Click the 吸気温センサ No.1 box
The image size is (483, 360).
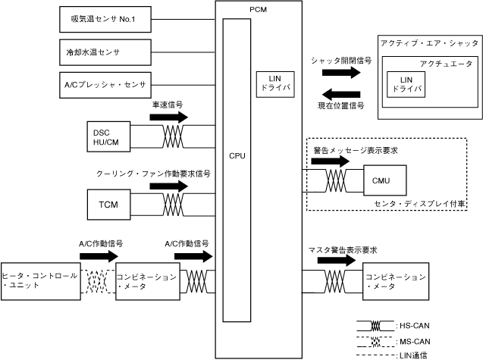[x=105, y=19]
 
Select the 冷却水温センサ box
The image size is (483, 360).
[x=105, y=52]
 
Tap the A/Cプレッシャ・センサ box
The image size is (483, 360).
[x=105, y=85]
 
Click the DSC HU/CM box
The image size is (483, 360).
[x=108, y=136]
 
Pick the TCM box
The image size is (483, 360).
[x=108, y=205]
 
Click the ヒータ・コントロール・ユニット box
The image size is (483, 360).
[x=41, y=281]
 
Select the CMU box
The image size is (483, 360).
[x=385, y=180]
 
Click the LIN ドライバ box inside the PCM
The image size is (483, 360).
[x=275, y=84]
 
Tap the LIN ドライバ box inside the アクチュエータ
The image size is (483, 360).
[x=406, y=84]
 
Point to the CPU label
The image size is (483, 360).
[x=237, y=156]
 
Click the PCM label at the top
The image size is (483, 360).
[x=258, y=10]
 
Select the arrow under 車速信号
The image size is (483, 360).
[x=169, y=117]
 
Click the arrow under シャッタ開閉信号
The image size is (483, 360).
[x=341, y=73]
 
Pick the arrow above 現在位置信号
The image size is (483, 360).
[x=341, y=94]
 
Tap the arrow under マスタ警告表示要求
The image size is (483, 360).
[x=337, y=260]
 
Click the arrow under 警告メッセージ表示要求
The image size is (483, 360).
[x=331, y=161]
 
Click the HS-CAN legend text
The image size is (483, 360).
[x=414, y=325]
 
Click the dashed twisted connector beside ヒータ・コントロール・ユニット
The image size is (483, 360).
[x=98, y=281]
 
